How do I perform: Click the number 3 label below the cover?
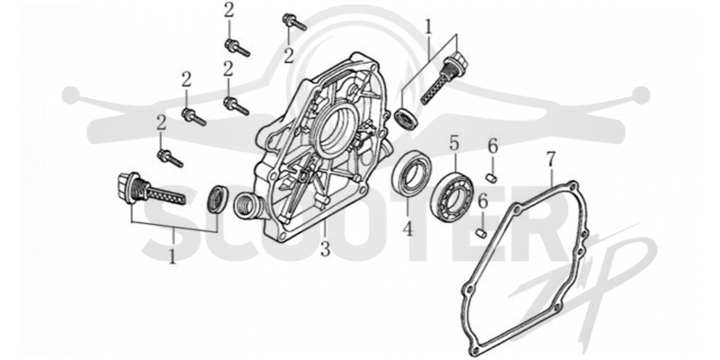325,249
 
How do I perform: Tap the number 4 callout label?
409,229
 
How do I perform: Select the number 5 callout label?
454,145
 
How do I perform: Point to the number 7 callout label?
551,159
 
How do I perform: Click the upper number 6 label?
492,148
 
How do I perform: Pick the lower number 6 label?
482,202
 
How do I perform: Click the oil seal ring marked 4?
412,172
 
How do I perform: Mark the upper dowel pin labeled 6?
491,177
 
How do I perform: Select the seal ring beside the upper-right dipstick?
407,119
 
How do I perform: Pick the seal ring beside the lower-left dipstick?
218,199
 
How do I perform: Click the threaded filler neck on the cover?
247,206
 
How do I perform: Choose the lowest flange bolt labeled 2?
170,158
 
